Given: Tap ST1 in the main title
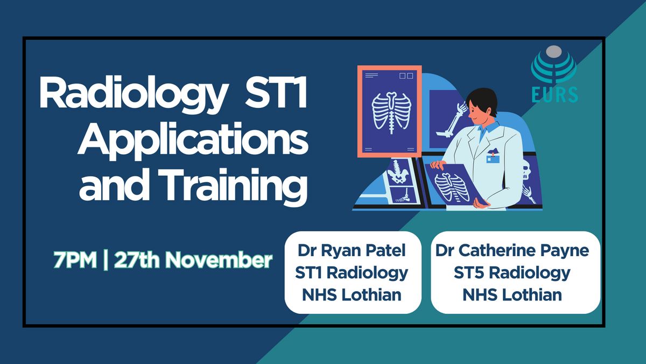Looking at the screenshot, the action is click(276, 92).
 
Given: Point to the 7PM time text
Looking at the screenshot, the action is click(75, 260).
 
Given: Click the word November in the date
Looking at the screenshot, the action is click(219, 260).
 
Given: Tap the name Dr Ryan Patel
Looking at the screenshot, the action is click(352, 250).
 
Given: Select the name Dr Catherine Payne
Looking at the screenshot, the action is click(512, 251).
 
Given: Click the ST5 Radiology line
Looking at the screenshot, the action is click(512, 273).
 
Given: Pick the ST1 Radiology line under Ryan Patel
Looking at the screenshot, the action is click(352, 273).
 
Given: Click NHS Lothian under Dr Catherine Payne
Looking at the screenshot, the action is click(512, 294).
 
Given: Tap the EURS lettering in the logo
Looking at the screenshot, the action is click(554, 94).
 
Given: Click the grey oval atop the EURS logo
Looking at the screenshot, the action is click(554, 52).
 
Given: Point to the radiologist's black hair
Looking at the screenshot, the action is click(482, 100).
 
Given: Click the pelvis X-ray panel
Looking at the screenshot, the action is click(399, 172).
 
